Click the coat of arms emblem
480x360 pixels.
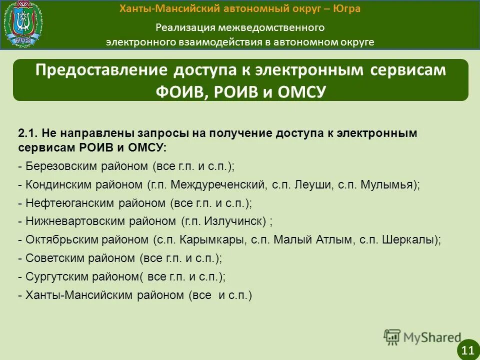click(x=23, y=24)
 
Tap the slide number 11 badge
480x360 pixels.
click(x=468, y=349)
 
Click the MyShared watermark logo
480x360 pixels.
click(x=422, y=337)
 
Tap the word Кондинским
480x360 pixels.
click(x=54, y=184)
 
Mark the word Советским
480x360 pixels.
click(x=52, y=258)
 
